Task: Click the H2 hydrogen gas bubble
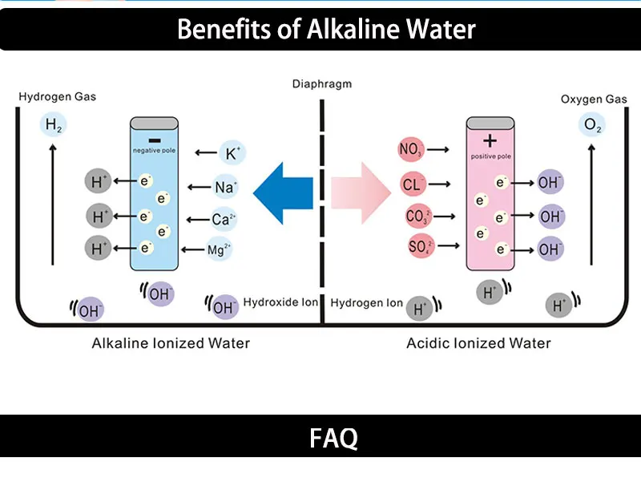click(53, 125)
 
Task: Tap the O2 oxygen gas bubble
click(592, 126)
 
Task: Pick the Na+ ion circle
click(225, 188)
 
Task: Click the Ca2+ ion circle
click(224, 219)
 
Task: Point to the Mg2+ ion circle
click(220, 250)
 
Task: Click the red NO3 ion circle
click(411, 149)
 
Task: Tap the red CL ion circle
click(412, 185)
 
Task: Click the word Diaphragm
click(322, 83)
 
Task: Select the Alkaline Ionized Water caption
click(171, 343)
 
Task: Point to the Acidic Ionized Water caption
click(478, 343)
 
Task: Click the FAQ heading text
click(333, 438)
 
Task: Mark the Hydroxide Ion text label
click(281, 302)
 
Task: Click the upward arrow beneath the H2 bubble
click(53, 205)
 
